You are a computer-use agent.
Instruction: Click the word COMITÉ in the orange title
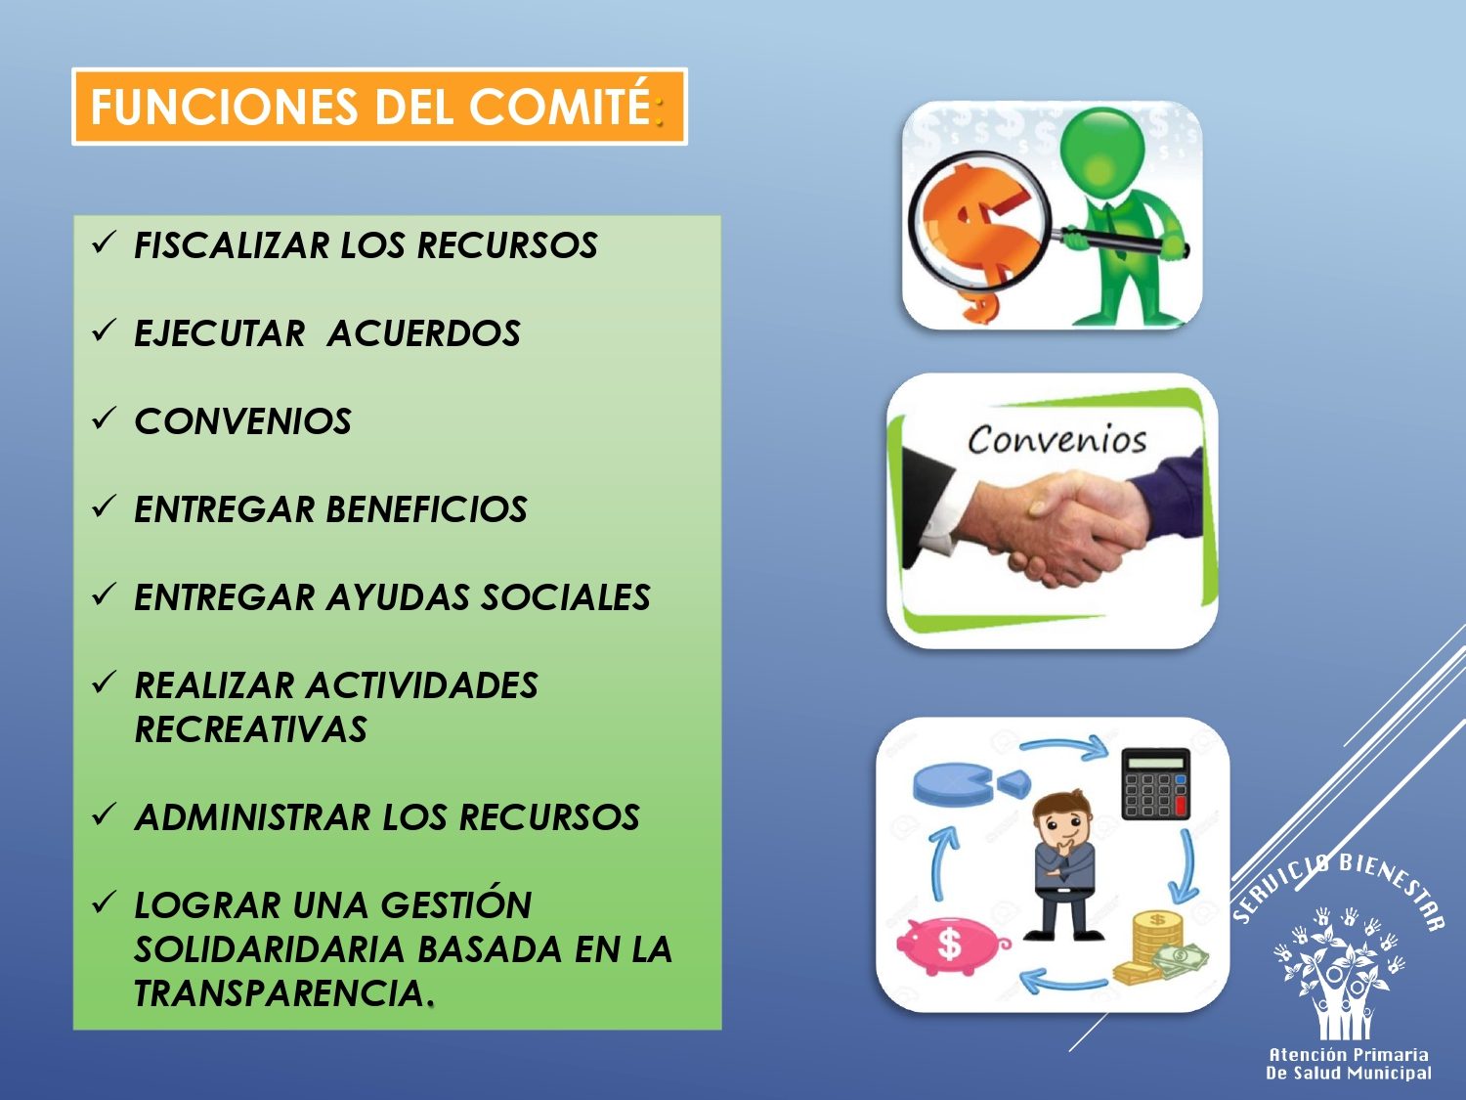coord(559,106)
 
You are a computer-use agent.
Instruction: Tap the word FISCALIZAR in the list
coord(231,245)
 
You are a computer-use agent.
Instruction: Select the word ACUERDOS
coord(423,333)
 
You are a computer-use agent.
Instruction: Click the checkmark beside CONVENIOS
coord(104,418)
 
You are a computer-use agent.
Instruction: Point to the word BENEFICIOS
coord(427,509)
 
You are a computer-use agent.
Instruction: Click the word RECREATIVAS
coord(250,728)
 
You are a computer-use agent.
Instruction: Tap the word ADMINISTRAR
coord(253,816)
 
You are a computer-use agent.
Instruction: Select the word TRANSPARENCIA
coord(280,993)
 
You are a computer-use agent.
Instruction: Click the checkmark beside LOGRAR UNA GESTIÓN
coord(104,902)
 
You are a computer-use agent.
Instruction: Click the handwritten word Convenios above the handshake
coord(1056,439)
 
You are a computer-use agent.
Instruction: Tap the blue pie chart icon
coord(970,785)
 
